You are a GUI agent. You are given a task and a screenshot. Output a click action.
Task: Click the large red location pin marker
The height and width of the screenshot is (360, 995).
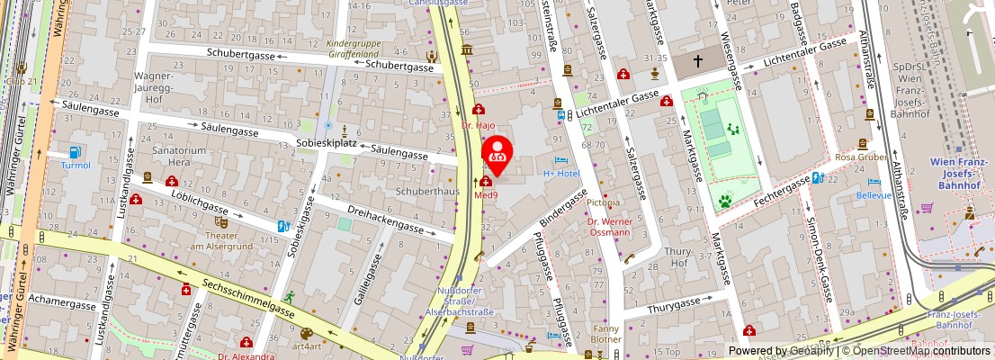click(x=497, y=154)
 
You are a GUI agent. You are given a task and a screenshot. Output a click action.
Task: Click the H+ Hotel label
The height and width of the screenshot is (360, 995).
click(x=562, y=172)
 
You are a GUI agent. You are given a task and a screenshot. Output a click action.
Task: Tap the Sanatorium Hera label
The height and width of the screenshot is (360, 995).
click(x=175, y=156)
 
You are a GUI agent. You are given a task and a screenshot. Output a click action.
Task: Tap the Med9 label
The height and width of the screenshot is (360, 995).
click(x=487, y=193)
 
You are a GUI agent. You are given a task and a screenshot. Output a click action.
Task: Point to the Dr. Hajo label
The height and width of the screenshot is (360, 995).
click(x=479, y=126)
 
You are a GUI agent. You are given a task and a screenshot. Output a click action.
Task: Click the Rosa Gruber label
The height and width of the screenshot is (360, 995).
click(x=856, y=157)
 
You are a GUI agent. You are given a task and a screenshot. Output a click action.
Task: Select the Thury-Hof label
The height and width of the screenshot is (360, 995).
click(x=675, y=258)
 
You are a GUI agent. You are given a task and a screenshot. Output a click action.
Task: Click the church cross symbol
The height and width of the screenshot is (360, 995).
click(x=699, y=61)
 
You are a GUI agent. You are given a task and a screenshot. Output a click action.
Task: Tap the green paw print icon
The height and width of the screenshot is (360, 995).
click(x=724, y=200)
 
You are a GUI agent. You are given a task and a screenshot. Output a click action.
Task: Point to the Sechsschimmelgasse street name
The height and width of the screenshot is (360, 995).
click(x=247, y=294)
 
